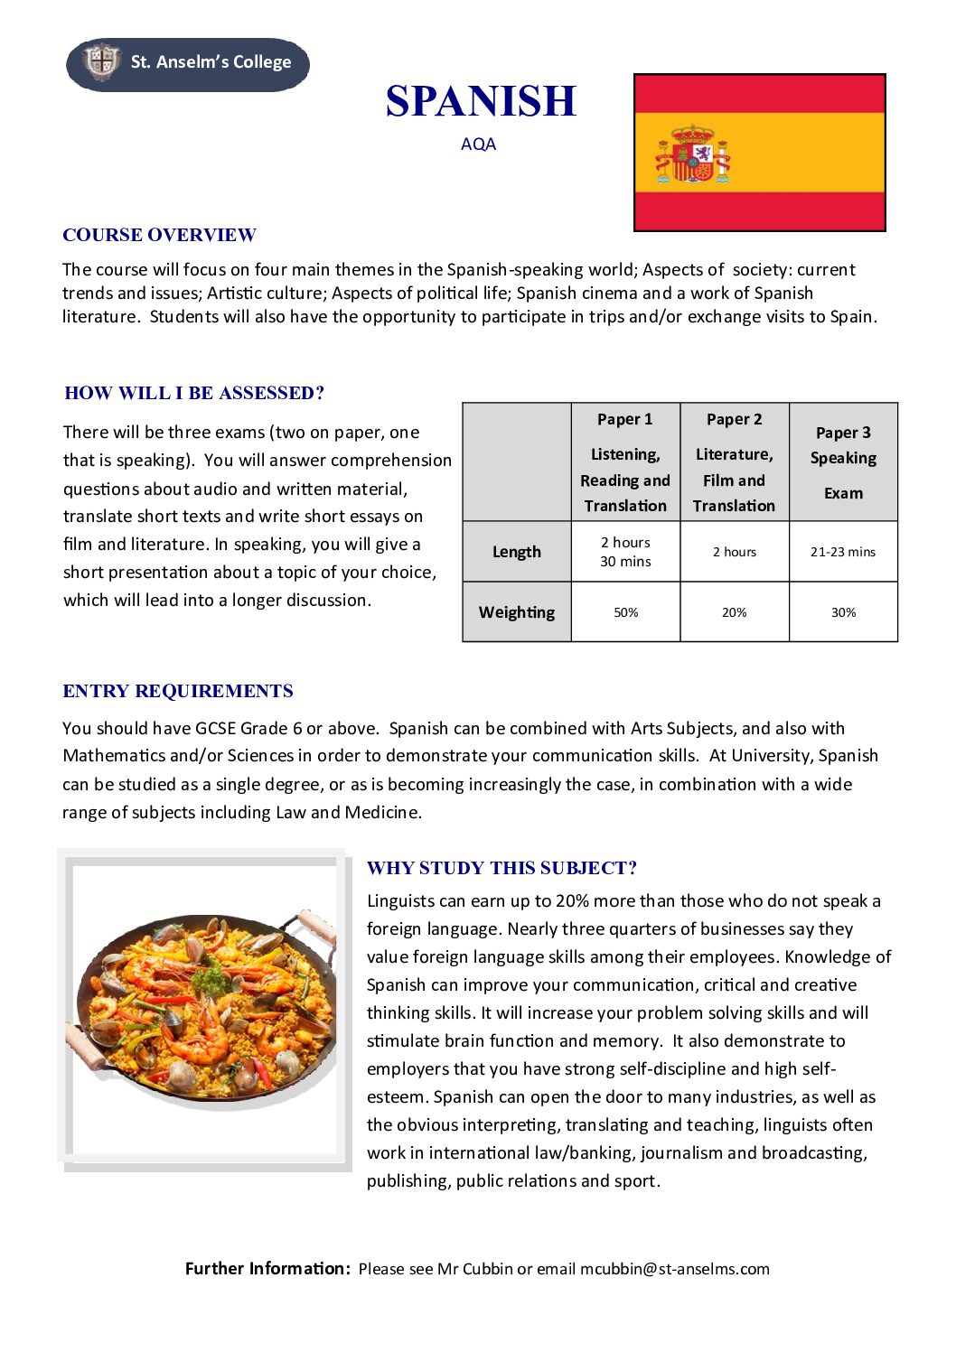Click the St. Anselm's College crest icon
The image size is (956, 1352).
tap(101, 61)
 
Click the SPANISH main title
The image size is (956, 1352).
tap(481, 101)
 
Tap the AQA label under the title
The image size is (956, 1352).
tap(478, 145)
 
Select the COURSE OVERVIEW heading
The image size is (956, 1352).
tap(159, 236)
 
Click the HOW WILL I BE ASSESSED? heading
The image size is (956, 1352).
tap(194, 393)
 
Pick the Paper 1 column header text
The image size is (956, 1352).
tap(624, 419)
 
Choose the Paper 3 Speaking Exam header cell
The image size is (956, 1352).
tap(843, 462)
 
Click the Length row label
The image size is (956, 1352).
tap(517, 552)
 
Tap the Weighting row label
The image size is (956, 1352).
tap(517, 612)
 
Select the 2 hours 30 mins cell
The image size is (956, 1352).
tap(625, 552)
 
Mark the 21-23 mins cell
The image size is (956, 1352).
tap(843, 552)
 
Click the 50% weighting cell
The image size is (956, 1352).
tap(625, 612)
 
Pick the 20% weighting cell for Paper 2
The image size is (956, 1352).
tap(734, 612)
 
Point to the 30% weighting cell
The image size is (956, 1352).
tap(843, 612)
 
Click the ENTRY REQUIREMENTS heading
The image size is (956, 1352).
tap(178, 692)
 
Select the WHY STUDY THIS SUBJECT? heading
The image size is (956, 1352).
tap(501, 869)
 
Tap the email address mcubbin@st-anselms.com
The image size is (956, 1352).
tap(674, 1269)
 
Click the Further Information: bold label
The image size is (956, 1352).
tap(267, 1269)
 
